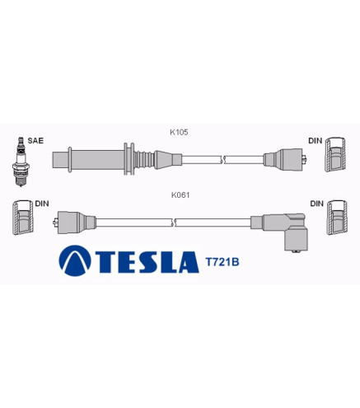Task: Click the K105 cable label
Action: [179, 132]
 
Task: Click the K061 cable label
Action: [180, 195]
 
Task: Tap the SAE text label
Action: [35, 141]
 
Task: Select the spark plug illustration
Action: [21, 162]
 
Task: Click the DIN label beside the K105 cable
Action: [316, 141]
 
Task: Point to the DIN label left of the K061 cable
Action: [42, 204]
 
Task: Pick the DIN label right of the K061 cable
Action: [317, 204]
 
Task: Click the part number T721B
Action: [222, 262]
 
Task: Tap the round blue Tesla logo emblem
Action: [75, 260]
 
